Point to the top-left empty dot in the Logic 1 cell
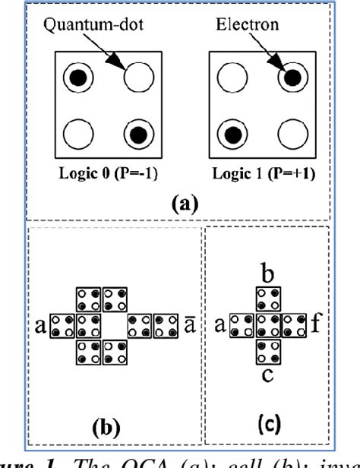point(226,77)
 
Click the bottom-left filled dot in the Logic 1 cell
point(226,136)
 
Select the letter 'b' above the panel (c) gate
point(266,271)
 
